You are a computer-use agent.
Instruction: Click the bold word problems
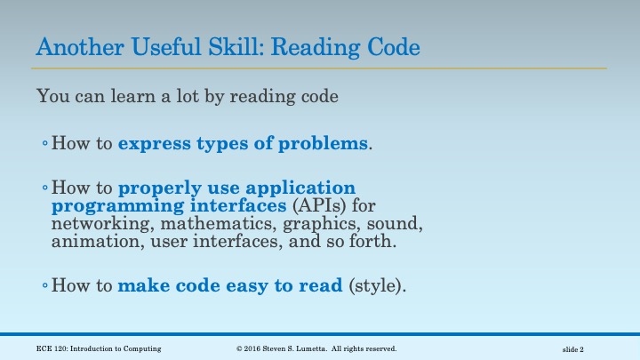[x=323, y=142]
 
